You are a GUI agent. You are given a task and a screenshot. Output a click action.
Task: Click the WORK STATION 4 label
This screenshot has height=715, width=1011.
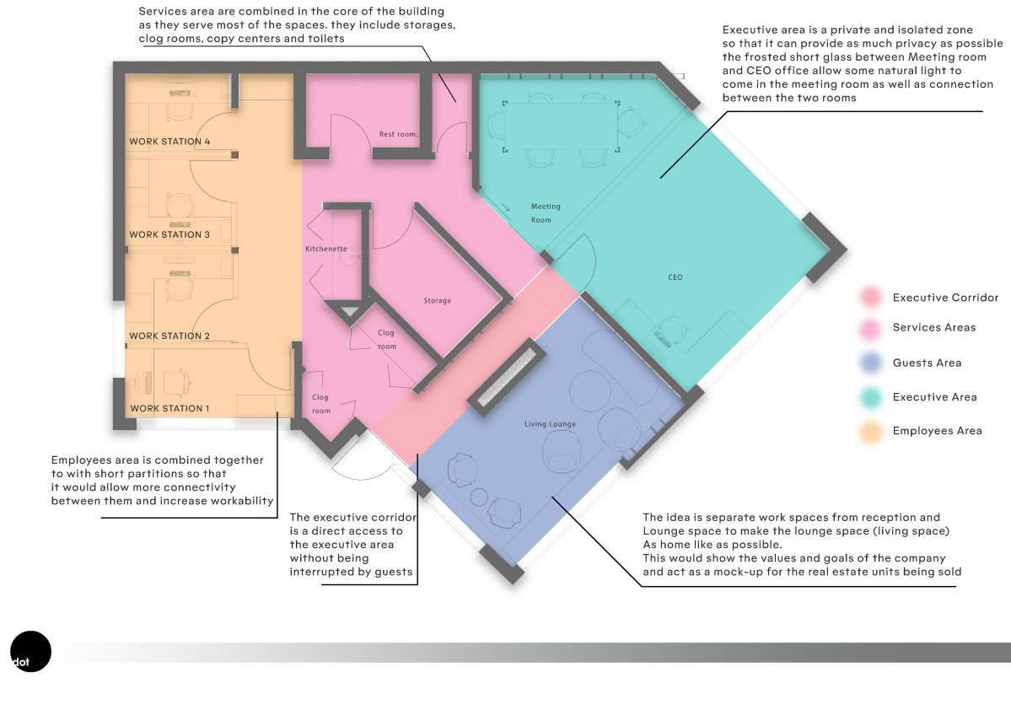(169, 142)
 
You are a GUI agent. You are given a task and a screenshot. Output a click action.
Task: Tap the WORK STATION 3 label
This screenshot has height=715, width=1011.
(169, 234)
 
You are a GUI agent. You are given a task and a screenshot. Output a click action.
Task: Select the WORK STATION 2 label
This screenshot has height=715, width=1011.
(169, 336)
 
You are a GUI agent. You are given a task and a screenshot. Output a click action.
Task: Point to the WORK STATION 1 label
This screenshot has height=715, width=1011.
(169, 409)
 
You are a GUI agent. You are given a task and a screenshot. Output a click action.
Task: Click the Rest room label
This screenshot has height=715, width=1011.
(398, 134)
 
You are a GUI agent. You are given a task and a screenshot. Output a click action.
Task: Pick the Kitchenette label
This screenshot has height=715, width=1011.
(325, 250)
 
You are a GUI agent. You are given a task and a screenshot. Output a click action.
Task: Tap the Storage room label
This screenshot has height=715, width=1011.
(437, 301)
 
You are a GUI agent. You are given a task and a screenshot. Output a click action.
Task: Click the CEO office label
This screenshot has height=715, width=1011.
(675, 277)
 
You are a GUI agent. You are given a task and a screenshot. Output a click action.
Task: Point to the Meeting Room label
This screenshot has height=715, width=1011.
(545, 213)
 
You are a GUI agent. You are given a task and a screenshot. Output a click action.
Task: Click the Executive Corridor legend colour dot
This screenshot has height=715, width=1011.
(870, 298)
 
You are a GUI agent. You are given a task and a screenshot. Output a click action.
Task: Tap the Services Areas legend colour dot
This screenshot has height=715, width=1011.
(870, 328)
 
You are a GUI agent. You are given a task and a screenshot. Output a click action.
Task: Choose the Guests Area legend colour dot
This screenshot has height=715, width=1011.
(870, 363)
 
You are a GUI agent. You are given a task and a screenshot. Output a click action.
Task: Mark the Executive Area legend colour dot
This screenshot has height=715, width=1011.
(870, 397)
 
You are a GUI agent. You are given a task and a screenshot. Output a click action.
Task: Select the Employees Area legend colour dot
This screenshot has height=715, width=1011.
(870, 431)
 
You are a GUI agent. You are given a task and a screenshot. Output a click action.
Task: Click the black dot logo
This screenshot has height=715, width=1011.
(30, 651)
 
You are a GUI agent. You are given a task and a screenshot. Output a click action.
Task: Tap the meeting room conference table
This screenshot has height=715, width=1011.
(557, 125)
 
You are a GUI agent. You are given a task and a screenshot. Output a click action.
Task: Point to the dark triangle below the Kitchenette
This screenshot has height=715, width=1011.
(348, 312)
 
